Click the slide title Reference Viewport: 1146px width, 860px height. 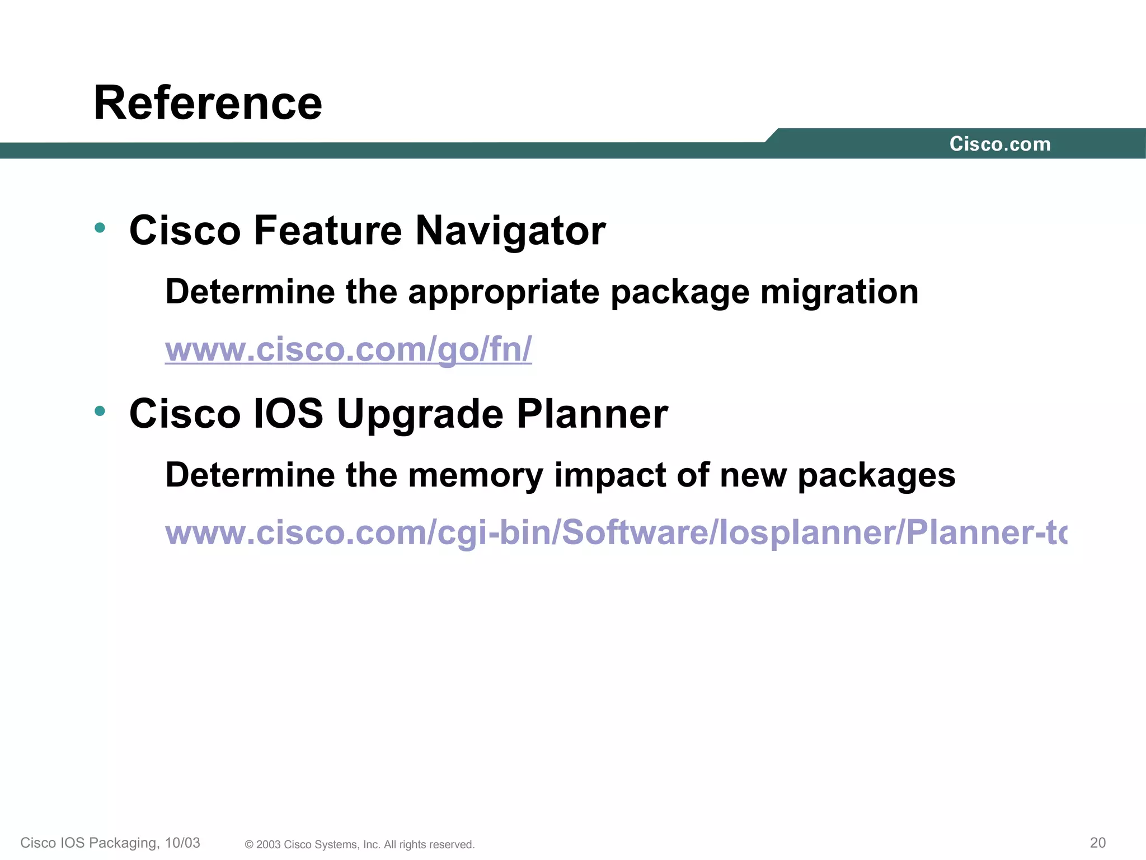click(208, 103)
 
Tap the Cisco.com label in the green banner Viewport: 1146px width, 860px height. click(1000, 144)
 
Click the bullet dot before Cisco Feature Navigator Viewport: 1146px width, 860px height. click(100, 227)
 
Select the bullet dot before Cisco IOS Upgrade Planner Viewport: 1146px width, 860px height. click(100, 411)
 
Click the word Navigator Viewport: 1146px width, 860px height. click(510, 231)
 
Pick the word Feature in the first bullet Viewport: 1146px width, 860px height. click(327, 231)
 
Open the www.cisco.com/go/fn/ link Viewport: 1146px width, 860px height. click(348, 349)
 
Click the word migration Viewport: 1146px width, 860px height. click(839, 293)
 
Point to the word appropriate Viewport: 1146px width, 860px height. click(504, 293)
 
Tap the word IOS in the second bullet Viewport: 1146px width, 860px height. click(288, 414)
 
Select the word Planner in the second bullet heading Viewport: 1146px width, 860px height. click(592, 414)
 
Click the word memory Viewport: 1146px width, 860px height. click(475, 476)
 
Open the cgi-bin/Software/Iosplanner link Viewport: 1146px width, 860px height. click(616, 532)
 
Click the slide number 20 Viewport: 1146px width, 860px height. click(1098, 843)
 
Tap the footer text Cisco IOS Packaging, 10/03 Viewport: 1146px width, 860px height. click(110, 843)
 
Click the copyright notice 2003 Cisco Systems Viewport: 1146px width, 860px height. click(360, 844)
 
